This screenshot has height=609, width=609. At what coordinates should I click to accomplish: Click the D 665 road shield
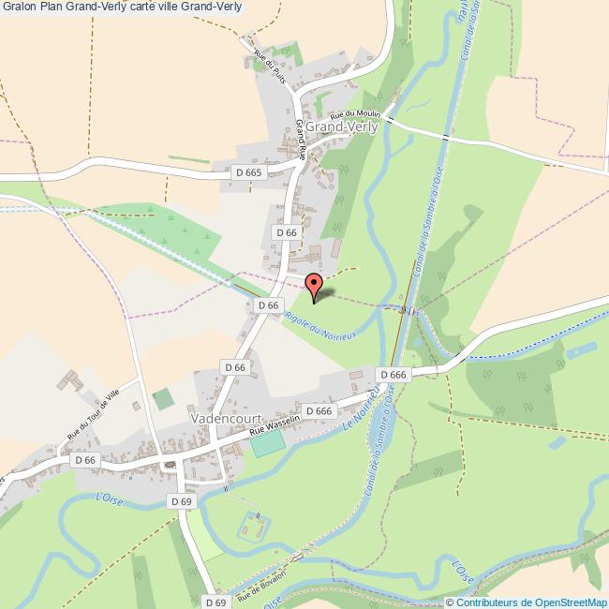249,172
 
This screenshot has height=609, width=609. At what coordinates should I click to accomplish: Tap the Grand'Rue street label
301,140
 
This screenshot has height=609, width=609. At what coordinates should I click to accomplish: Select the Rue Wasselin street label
274,427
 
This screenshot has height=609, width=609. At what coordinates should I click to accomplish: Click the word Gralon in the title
18,7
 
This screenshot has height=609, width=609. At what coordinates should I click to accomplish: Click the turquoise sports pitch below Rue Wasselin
267,444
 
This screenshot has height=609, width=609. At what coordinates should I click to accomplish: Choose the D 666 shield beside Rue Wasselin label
319,411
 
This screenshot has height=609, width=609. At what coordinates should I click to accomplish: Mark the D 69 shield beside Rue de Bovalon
215,602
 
